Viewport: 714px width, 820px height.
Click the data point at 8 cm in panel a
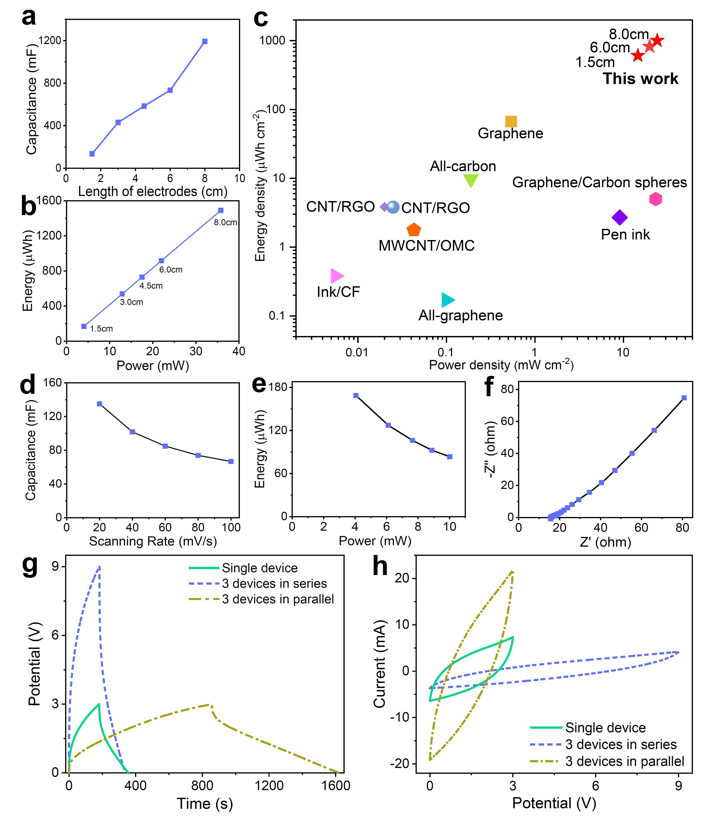coord(205,41)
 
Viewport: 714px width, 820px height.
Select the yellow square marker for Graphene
coord(511,122)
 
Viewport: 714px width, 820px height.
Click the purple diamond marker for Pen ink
coord(619,218)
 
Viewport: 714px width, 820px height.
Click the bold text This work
coord(640,79)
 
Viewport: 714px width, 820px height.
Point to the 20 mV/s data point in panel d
coord(100,404)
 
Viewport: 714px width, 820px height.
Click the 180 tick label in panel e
coord(278,387)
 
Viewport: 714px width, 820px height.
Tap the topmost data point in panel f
coord(684,398)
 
